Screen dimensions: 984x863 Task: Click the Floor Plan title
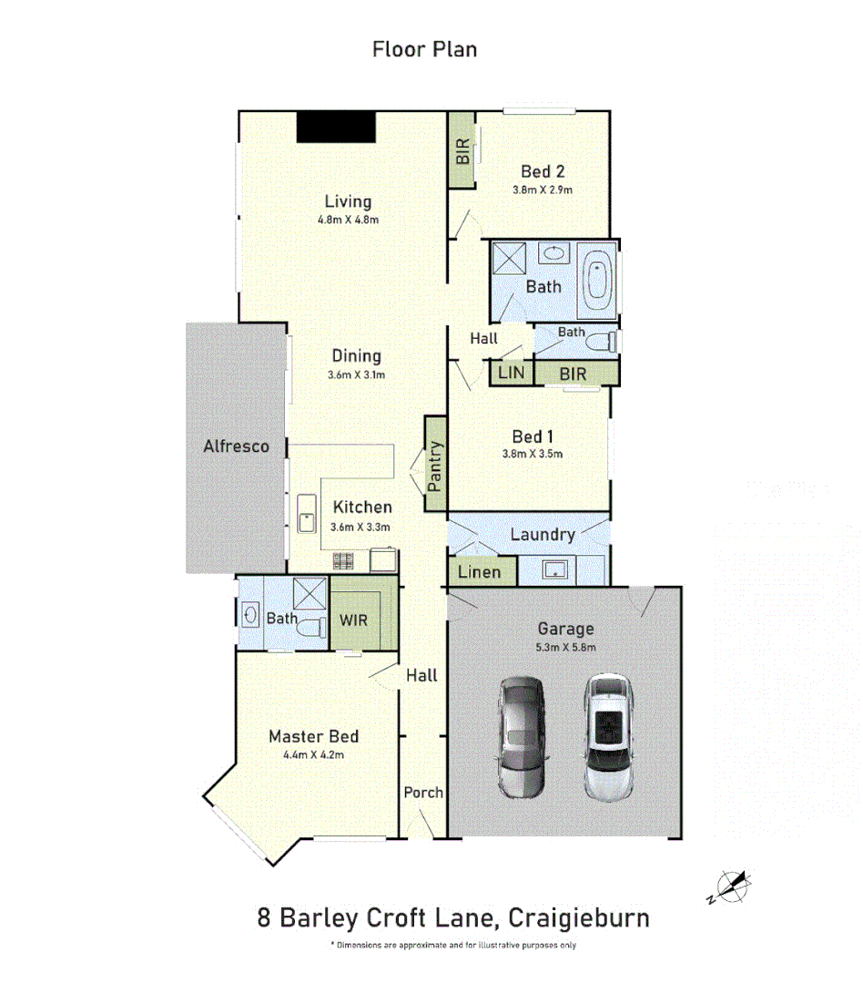click(x=424, y=49)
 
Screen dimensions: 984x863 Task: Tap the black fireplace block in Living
click(x=336, y=127)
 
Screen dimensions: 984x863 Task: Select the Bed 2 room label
click(x=543, y=171)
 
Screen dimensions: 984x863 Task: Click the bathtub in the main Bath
click(x=598, y=282)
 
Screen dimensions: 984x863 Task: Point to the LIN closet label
click(x=511, y=374)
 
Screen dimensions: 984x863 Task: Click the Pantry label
click(x=436, y=466)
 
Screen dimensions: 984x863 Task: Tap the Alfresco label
click(x=236, y=446)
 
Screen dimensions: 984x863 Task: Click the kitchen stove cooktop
click(x=344, y=562)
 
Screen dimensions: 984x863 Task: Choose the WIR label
click(x=354, y=620)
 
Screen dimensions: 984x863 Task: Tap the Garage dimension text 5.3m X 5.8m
click(x=565, y=647)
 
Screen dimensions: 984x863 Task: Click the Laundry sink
click(x=554, y=570)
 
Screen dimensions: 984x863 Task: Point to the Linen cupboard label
click(x=480, y=572)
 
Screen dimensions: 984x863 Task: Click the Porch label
click(x=423, y=793)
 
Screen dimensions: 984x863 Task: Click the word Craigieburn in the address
click(x=579, y=917)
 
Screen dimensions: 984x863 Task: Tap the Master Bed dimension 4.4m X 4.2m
click(x=313, y=754)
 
